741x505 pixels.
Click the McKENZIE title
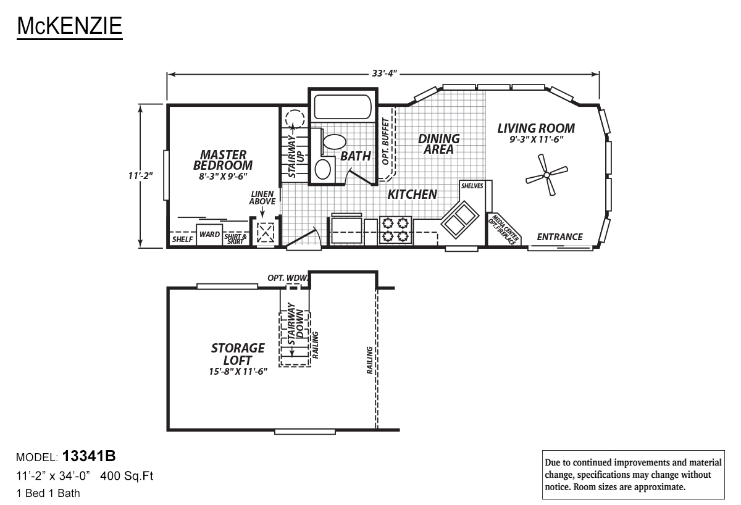69,26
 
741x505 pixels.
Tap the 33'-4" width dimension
384,73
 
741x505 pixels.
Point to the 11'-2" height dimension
140,175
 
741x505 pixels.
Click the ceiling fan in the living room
546,175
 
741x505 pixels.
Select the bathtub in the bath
342,107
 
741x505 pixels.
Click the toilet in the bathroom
334,141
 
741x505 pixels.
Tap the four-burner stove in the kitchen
395,230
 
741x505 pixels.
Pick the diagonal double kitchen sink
460,219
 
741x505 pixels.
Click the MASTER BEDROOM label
223,160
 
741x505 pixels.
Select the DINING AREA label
438,144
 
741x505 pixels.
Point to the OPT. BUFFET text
385,141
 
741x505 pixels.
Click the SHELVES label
472,186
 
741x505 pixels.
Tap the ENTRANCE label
559,237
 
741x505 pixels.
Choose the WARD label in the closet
209,235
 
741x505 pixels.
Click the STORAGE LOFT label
238,354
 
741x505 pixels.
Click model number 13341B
89,456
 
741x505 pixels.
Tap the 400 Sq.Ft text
127,476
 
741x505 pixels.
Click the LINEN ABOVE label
262,198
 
